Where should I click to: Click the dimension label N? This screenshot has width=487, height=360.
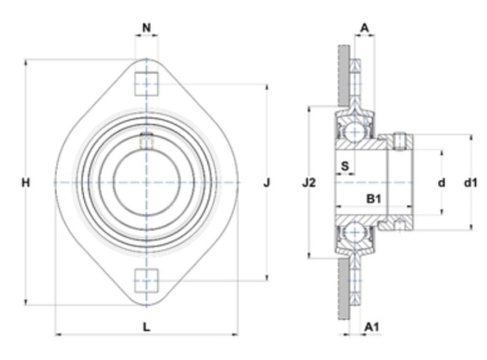(147, 28)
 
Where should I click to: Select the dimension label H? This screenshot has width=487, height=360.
(26, 183)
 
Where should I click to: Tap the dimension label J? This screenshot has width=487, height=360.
(267, 183)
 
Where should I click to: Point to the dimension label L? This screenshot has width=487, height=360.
(147, 327)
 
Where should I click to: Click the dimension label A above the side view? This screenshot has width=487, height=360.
(364, 28)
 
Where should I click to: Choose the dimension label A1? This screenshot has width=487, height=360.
(371, 327)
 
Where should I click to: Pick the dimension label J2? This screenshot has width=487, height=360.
(309, 183)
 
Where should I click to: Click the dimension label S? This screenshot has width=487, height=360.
(345, 166)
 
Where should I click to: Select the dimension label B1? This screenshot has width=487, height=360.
(374, 199)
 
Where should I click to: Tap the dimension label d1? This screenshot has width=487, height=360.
(470, 183)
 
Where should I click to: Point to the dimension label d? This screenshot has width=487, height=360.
(442, 183)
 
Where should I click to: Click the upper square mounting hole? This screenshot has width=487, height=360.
(147, 83)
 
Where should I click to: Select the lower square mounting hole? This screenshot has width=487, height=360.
(147, 281)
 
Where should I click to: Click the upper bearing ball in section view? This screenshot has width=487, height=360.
(355, 132)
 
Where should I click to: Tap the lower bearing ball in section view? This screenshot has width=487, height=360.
(355, 231)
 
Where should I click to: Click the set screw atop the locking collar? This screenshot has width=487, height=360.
(400, 141)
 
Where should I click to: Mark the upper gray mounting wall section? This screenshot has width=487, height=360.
(344, 75)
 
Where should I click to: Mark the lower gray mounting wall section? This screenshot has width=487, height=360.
(344, 289)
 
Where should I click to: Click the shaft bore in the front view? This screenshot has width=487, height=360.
(147, 183)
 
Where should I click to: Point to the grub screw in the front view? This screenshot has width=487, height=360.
(147, 141)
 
